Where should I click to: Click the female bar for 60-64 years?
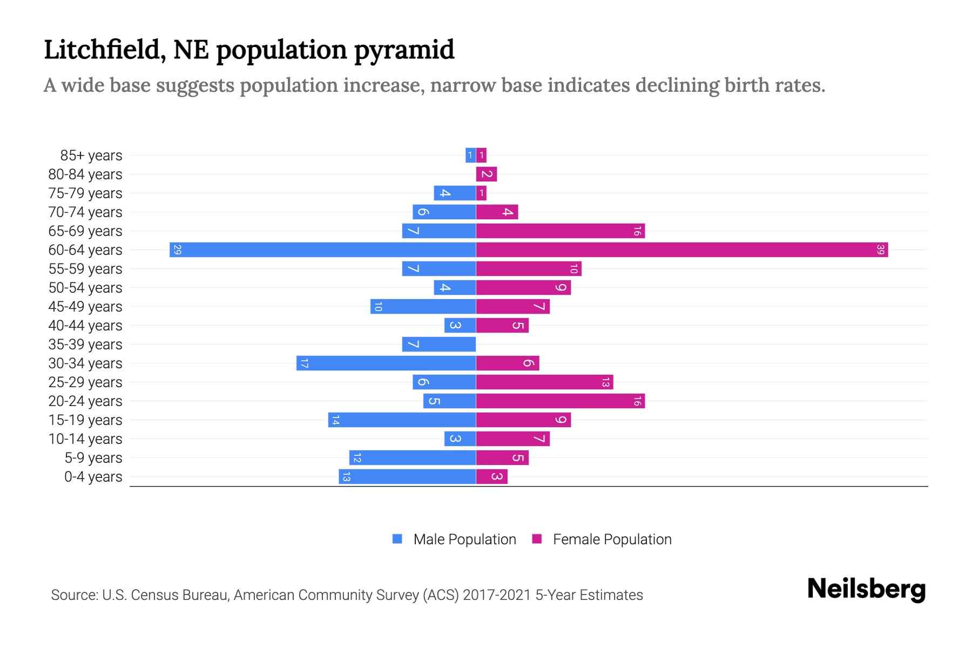(681, 250)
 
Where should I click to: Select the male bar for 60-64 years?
(322, 250)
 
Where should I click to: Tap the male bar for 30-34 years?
(386, 363)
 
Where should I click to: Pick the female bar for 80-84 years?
(486, 174)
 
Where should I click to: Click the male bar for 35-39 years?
(438, 345)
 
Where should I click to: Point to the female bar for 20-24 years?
(560, 401)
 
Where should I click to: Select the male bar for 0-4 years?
(407, 477)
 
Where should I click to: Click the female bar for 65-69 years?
(560, 231)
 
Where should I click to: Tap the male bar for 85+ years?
(470, 156)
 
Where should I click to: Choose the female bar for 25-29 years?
(544, 382)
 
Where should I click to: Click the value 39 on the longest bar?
(880, 250)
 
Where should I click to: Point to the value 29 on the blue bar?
(177, 250)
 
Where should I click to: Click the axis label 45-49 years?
(85, 307)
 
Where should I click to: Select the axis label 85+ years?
(91, 156)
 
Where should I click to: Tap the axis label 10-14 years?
(85, 439)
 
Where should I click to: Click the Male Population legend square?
(397, 539)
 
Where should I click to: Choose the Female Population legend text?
(612, 539)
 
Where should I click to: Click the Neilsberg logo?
(866, 589)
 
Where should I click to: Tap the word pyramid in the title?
(404, 50)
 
